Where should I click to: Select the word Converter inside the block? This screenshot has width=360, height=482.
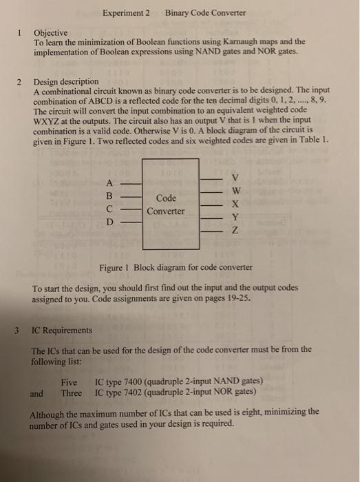(170, 211)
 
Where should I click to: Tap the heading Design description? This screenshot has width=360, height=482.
(66, 81)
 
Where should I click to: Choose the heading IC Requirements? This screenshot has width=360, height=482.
(64, 330)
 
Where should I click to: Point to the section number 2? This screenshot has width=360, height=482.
(20, 81)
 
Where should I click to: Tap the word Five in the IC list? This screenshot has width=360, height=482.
(70, 381)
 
